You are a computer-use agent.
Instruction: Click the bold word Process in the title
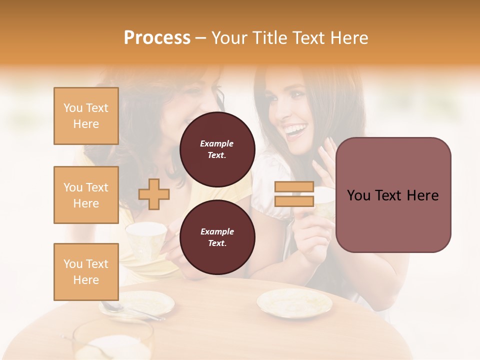157,38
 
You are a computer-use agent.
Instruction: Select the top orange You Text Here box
86,116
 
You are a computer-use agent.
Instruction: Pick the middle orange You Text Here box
86,195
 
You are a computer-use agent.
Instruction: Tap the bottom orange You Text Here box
86,271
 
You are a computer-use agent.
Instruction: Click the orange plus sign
153,194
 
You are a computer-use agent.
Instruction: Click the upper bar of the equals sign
294,187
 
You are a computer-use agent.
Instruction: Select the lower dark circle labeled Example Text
217,237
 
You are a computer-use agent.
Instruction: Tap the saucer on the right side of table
294,303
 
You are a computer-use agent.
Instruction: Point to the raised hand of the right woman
325,160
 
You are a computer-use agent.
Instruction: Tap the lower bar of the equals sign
294,201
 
